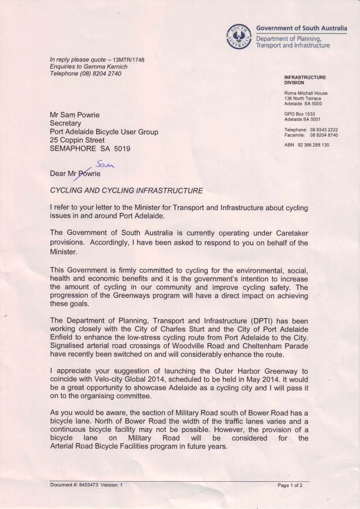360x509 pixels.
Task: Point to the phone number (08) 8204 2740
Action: (x=102, y=73)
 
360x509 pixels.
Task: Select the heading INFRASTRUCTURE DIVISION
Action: (x=305, y=80)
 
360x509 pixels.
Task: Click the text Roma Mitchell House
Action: (x=306, y=93)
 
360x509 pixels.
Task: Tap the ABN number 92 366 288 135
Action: (x=314, y=145)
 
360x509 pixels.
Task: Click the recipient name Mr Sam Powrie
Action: (x=75, y=115)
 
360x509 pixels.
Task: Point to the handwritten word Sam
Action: (x=105, y=165)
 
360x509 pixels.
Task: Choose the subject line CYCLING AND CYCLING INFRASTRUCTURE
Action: (x=126, y=190)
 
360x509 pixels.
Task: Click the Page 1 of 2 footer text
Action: (x=293, y=485)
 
